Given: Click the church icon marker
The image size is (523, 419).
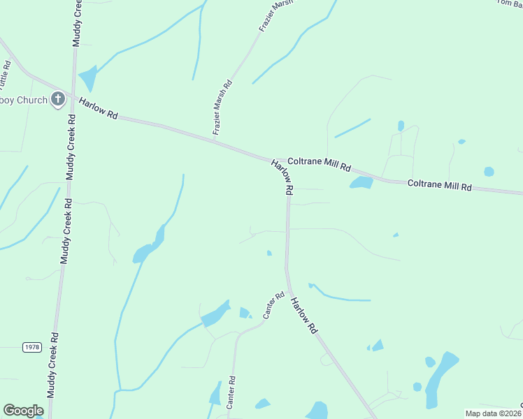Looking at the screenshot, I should [58, 100].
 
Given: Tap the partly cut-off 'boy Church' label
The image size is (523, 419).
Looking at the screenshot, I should [24, 100].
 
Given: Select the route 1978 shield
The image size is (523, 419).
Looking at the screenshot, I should [31, 347].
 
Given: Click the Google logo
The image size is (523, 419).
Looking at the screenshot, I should [23, 411].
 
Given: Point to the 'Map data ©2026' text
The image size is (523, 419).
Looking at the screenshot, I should [493, 413].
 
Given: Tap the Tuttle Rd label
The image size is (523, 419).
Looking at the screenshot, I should [5, 75].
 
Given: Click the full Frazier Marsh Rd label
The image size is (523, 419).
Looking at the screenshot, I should [222, 108].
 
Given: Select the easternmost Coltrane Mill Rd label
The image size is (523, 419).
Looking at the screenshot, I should [440, 186].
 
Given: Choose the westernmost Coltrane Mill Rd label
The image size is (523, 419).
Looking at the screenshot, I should [320, 163].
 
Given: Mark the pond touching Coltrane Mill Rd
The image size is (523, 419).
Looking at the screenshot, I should [361, 183].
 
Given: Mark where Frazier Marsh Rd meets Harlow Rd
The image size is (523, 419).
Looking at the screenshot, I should [214, 141].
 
